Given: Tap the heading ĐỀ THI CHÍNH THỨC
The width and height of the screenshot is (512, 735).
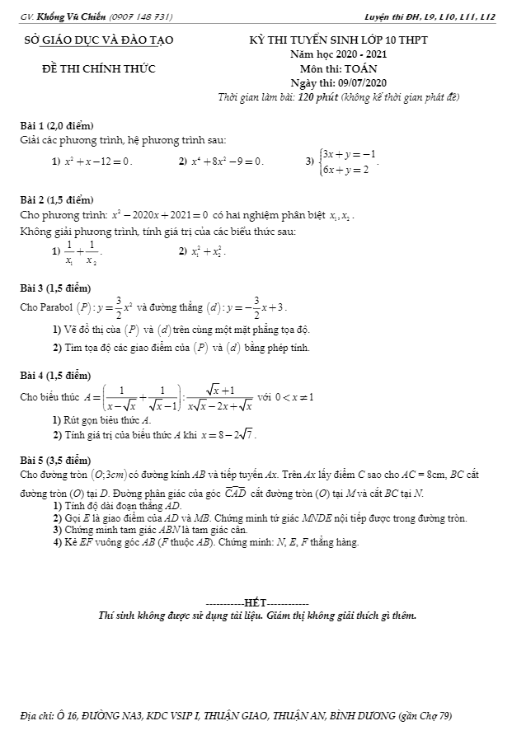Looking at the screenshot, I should tap(98, 68).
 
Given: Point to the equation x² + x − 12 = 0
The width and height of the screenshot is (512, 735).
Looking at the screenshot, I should tap(97, 161).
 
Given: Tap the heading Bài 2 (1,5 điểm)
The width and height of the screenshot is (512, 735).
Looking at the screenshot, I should tap(56, 200).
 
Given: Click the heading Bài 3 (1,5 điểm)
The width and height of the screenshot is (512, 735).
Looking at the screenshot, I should tap(56, 288).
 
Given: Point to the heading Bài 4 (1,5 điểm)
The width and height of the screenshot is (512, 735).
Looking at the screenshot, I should tap(56, 376).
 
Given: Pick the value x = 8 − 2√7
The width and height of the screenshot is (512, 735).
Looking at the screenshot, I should tap(228, 434).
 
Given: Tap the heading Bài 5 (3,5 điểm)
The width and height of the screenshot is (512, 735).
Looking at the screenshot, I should tap(56, 459).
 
